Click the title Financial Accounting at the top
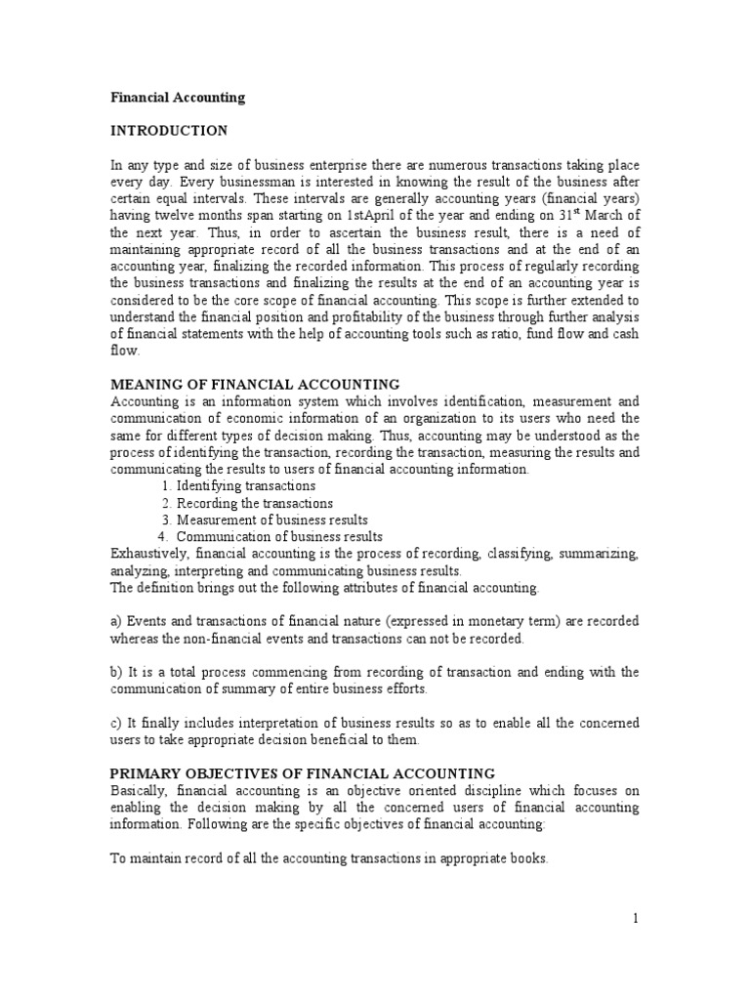tap(177, 98)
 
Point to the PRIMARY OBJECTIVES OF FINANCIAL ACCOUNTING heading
tap(303, 772)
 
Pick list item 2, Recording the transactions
tap(248, 503)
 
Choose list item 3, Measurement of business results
tap(271, 520)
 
